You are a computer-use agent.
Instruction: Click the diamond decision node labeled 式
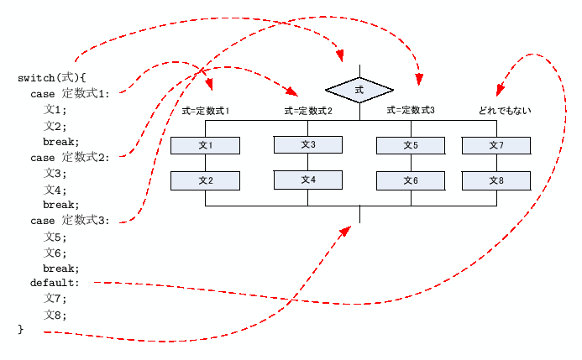[x=359, y=88]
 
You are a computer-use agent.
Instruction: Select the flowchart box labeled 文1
[x=206, y=146]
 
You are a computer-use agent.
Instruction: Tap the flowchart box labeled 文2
[x=206, y=180]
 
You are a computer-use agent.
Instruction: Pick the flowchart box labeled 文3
[x=308, y=145]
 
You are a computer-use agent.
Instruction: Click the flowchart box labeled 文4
[x=308, y=180]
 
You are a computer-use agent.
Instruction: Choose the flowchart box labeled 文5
[x=411, y=146]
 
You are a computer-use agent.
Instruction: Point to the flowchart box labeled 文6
[x=411, y=180]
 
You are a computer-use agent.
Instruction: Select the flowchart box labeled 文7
[x=495, y=146]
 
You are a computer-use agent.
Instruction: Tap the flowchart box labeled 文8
[x=495, y=180]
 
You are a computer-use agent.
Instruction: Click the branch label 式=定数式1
[x=206, y=111]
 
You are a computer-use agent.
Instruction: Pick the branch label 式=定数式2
[x=308, y=111]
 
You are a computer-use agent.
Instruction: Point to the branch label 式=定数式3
[x=411, y=110]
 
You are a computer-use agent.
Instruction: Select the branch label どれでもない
[x=505, y=111]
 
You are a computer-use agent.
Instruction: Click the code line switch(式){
[x=51, y=78]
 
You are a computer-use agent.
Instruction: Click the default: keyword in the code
[x=55, y=284]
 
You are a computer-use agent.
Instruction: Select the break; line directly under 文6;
[x=61, y=268]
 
